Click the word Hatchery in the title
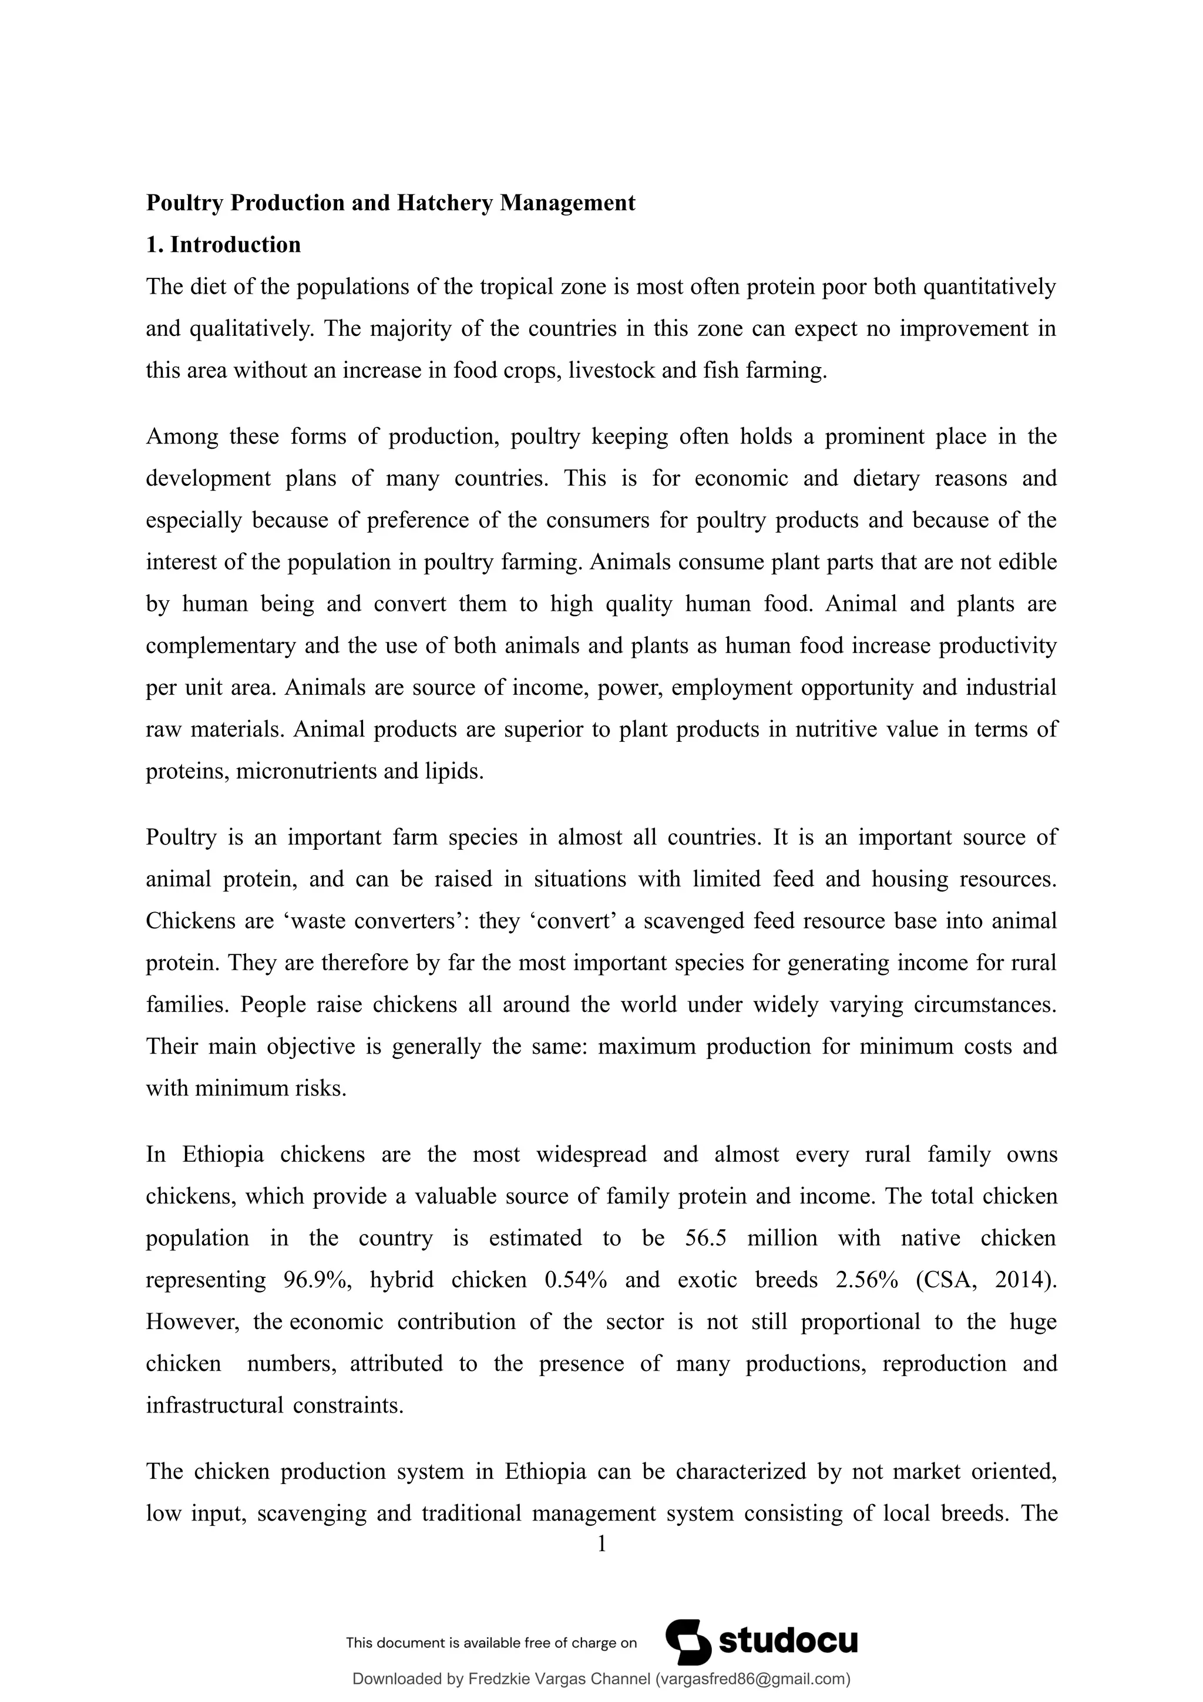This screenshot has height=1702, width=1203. [445, 203]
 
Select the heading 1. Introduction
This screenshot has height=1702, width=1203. [223, 245]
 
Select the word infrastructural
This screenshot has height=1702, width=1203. [214, 1405]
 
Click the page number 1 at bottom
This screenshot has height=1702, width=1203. [601, 1544]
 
